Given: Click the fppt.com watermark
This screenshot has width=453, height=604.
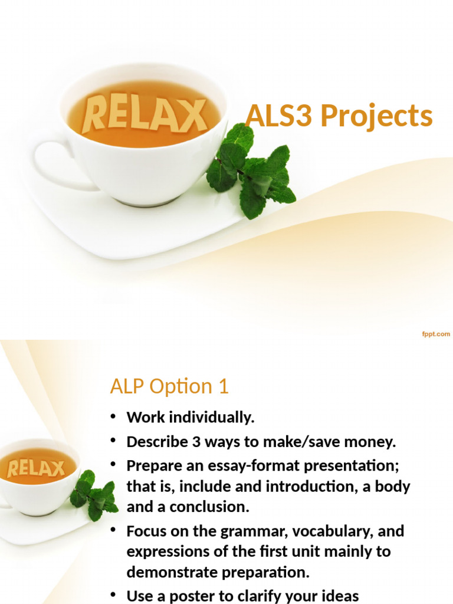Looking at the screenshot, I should point(436,334).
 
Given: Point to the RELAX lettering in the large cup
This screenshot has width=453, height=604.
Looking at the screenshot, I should point(144,114).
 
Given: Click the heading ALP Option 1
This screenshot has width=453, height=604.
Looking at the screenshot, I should point(169,387).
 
